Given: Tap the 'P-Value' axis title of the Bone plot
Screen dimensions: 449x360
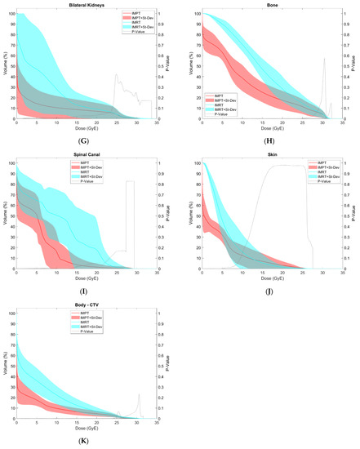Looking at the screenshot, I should click(354, 65).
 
